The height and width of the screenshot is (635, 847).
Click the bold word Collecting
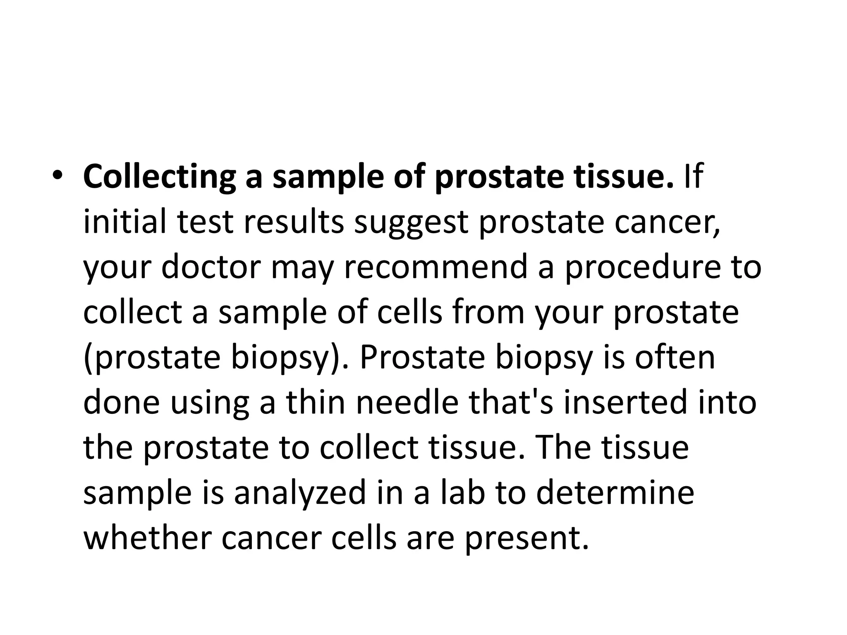coord(159,177)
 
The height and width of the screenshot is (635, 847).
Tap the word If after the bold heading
coord(694,176)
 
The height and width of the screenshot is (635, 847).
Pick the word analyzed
coord(300,494)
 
